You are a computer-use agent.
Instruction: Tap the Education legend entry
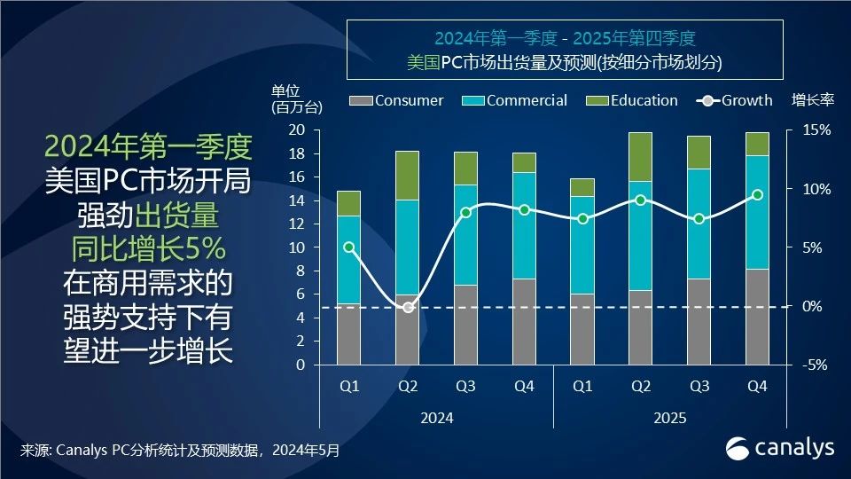point(634,100)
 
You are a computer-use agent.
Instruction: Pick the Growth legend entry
point(737,100)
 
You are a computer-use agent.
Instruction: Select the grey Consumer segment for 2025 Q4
point(757,317)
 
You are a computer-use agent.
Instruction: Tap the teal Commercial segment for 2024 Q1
point(348,260)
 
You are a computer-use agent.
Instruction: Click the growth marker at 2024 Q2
point(408,308)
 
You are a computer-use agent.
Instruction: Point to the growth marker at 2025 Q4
point(757,195)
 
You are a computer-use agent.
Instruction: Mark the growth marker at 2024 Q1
point(348,247)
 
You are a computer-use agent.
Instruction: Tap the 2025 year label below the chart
point(669,418)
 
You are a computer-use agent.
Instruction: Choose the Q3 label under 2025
point(699,388)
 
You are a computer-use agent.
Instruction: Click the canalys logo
point(780,448)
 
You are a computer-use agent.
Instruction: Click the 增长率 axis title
point(812,100)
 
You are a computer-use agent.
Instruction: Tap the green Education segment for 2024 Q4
point(524,162)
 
